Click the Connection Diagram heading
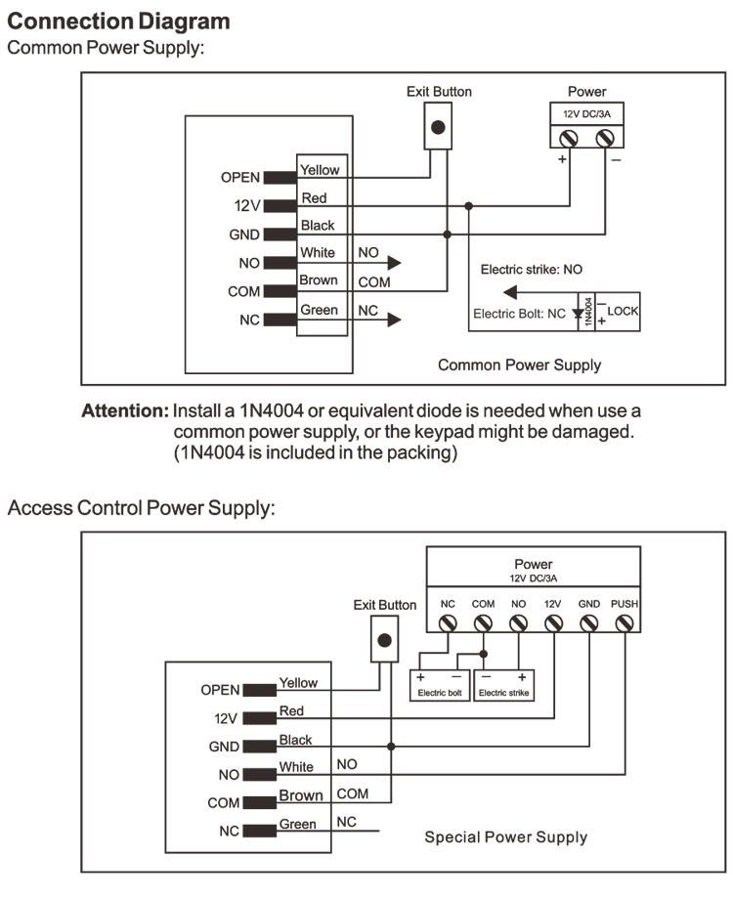coord(119,21)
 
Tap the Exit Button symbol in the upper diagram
coord(439,127)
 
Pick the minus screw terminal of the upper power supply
coord(603,138)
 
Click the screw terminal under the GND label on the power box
coord(589,622)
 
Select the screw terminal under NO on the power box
coord(518,622)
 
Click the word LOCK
coord(623,310)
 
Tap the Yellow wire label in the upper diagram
coord(320,170)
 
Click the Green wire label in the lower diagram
coord(297,824)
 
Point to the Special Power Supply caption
coord(505,836)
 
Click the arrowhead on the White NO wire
coord(394,262)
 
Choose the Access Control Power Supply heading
coord(142,508)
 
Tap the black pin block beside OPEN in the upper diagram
coord(279,178)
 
